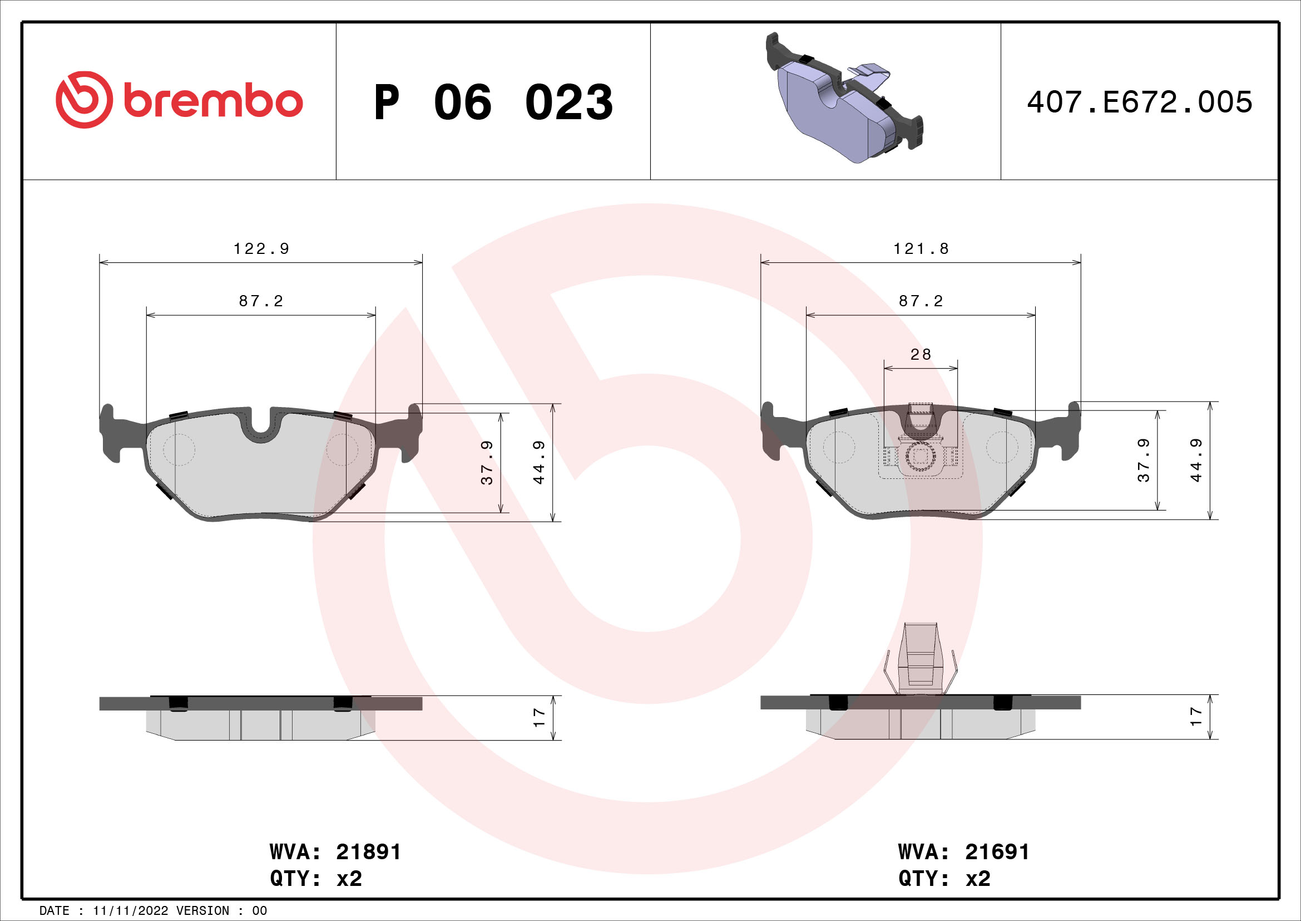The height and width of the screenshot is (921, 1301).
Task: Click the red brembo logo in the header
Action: [179, 100]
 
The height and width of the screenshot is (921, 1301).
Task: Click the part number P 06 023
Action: [493, 102]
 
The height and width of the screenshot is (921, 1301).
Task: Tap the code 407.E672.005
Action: [1140, 102]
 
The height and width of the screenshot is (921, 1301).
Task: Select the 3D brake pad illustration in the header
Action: [844, 97]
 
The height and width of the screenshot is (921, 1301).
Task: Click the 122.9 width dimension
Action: [261, 248]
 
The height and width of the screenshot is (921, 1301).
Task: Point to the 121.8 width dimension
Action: [921, 248]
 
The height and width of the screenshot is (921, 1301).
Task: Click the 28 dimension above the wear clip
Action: [921, 354]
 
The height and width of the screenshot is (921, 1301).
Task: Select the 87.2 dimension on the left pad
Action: [261, 301]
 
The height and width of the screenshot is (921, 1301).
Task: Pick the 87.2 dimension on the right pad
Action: [921, 301]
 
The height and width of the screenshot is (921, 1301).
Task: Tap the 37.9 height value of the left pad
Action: [487, 462]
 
